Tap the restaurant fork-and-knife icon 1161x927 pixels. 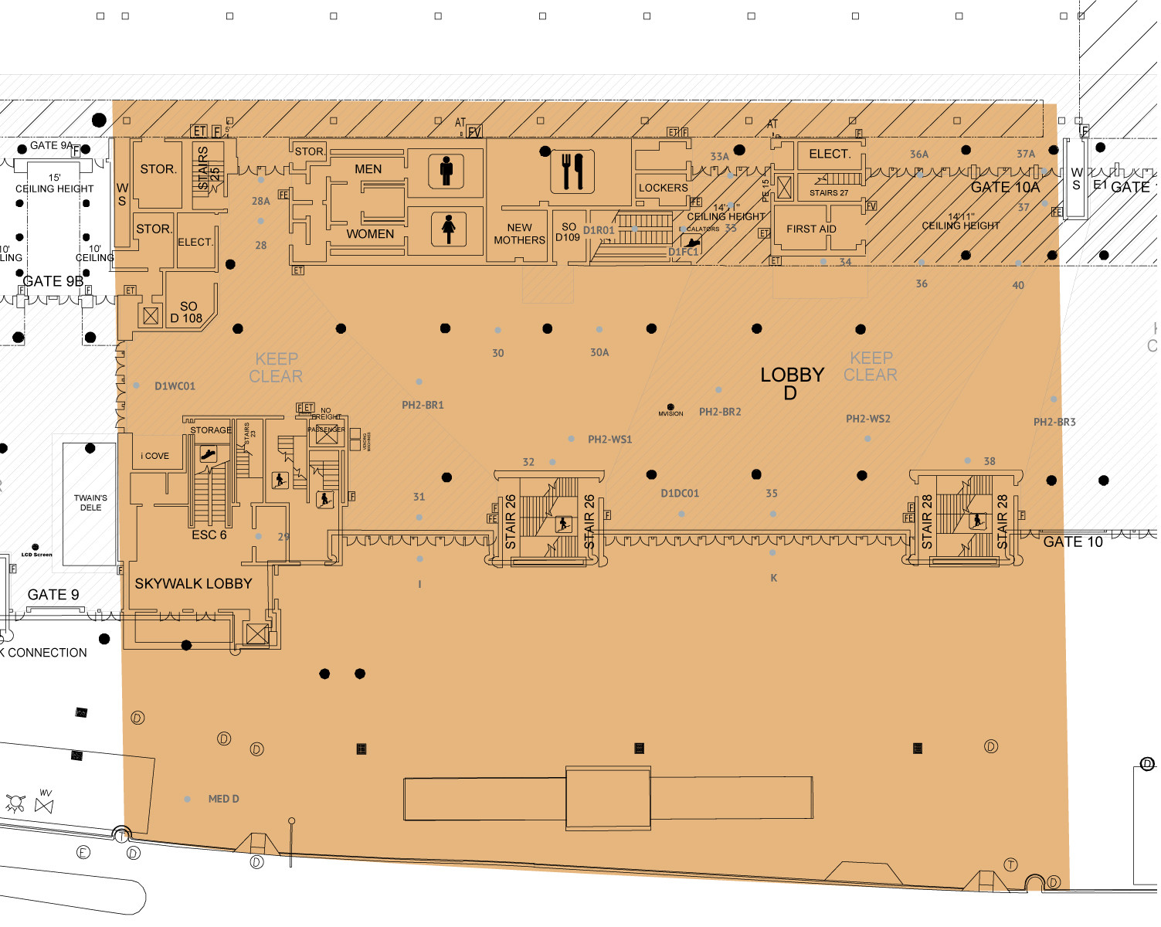(572, 171)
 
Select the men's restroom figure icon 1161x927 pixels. (446, 171)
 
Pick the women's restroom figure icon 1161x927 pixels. (449, 229)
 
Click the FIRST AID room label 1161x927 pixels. (811, 229)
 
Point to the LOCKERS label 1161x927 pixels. (663, 188)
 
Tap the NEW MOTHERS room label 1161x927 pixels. (519, 234)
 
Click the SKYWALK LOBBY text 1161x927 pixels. (193, 584)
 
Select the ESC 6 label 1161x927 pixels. (209, 535)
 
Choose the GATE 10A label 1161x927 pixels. (1005, 187)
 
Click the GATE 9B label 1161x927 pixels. (53, 281)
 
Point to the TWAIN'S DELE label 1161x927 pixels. (90, 503)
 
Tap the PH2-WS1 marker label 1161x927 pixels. (609, 440)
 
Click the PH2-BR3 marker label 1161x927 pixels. (1054, 422)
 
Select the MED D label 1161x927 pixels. (223, 799)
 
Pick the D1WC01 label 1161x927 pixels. (175, 386)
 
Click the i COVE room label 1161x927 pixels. (155, 456)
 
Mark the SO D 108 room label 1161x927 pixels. (187, 312)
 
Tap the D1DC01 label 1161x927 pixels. (680, 494)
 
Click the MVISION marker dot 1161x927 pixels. (670, 407)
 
